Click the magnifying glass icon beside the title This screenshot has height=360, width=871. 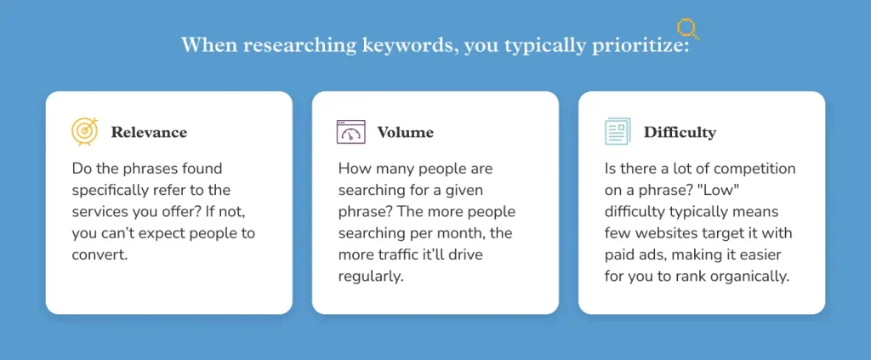pos(687,29)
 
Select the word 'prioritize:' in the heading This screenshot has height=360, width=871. pos(642,45)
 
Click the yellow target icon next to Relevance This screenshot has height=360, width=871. pos(85,132)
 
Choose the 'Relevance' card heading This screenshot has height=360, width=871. pos(149,133)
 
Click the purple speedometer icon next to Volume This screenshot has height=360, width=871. pos(350,132)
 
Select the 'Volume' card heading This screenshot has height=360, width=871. pos(405,133)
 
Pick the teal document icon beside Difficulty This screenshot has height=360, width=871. pos(618,132)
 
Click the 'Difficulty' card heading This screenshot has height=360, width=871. pos(680,133)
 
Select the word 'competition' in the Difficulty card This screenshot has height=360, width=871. pos(753,169)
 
